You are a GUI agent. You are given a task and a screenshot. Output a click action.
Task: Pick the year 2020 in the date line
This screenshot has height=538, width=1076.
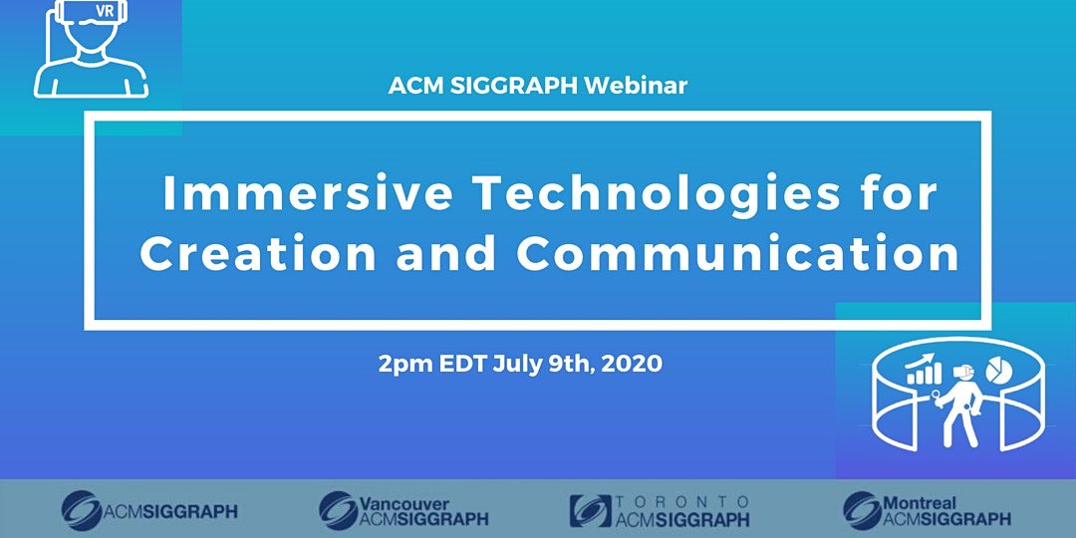(x=633, y=364)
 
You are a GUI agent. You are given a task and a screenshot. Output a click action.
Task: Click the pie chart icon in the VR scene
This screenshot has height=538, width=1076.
(x=999, y=370)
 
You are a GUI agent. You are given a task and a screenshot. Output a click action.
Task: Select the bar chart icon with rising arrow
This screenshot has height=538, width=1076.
(x=925, y=370)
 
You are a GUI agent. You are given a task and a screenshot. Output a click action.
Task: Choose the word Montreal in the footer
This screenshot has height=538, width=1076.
(x=920, y=504)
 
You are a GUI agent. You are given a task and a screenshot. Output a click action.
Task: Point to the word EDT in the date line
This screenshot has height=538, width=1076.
(x=463, y=364)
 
